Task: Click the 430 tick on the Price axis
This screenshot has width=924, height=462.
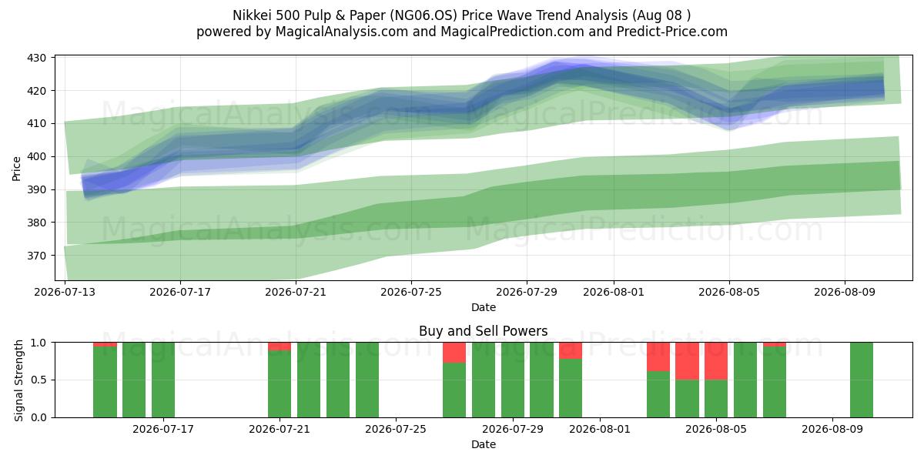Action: tap(36, 58)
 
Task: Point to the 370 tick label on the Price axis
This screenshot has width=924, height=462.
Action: tap(36, 256)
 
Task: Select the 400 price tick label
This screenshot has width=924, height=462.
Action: tap(36, 157)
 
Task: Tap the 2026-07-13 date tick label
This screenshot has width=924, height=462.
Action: tap(65, 293)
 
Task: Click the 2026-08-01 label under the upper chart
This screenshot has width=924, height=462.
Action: tap(614, 293)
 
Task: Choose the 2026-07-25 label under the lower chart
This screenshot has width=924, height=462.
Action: tap(396, 430)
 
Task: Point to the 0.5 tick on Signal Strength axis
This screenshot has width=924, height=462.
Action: tap(38, 380)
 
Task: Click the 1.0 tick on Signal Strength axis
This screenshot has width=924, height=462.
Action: tap(38, 343)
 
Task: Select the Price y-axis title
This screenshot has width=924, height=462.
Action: tap(16, 169)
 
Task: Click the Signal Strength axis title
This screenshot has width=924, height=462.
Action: tap(18, 380)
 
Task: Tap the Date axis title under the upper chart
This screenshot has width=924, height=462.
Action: tap(484, 308)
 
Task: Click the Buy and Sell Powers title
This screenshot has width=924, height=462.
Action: tap(483, 331)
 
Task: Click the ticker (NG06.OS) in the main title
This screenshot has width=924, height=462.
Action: tap(426, 15)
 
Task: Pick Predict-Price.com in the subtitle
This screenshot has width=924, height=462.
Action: tap(672, 32)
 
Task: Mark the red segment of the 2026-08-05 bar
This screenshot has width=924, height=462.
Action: tap(716, 361)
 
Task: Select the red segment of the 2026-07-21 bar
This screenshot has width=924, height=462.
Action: tap(280, 346)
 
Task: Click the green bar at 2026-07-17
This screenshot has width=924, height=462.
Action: tap(163, 380)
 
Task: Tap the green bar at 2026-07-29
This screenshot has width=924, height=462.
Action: tap(513, 380)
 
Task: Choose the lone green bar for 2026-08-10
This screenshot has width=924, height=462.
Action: tap(862, 380)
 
